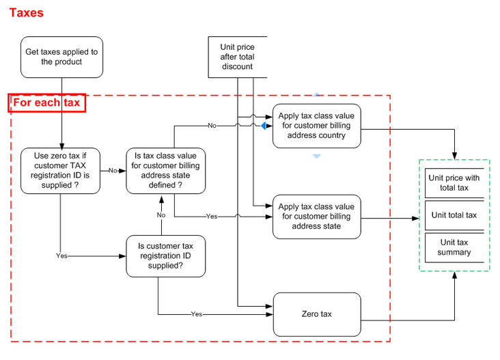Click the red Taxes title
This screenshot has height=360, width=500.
pos(27,13)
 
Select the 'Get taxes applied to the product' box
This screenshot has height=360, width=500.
pos(62,57)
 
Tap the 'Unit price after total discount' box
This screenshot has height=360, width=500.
pos(238,57)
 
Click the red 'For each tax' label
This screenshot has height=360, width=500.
pos(47,102)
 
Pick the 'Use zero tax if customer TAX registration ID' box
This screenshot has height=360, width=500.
pos(60,171)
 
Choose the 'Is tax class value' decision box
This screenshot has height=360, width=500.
pos(165,171)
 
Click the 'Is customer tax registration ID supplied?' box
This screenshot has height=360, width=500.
pos(165,256)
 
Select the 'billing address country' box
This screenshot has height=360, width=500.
pos(317,126)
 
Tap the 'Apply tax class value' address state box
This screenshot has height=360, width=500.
pos(317,217)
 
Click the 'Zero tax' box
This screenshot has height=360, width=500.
pos(317,314)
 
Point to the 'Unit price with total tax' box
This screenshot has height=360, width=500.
pos(454,183)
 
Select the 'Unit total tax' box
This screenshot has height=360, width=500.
pos(454,215)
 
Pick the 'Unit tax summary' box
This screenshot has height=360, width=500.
pos(454,247)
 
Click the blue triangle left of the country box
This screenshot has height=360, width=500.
pos(264,126)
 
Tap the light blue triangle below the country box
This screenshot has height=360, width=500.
pos(317,156)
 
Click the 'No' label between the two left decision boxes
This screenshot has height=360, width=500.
pos(113,171)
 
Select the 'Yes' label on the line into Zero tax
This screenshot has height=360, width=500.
pos(197,314)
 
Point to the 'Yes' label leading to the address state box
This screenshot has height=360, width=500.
pos(212,217)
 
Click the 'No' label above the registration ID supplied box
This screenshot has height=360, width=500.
pos(161,215)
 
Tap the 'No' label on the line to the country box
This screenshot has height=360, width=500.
pos(212,126)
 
